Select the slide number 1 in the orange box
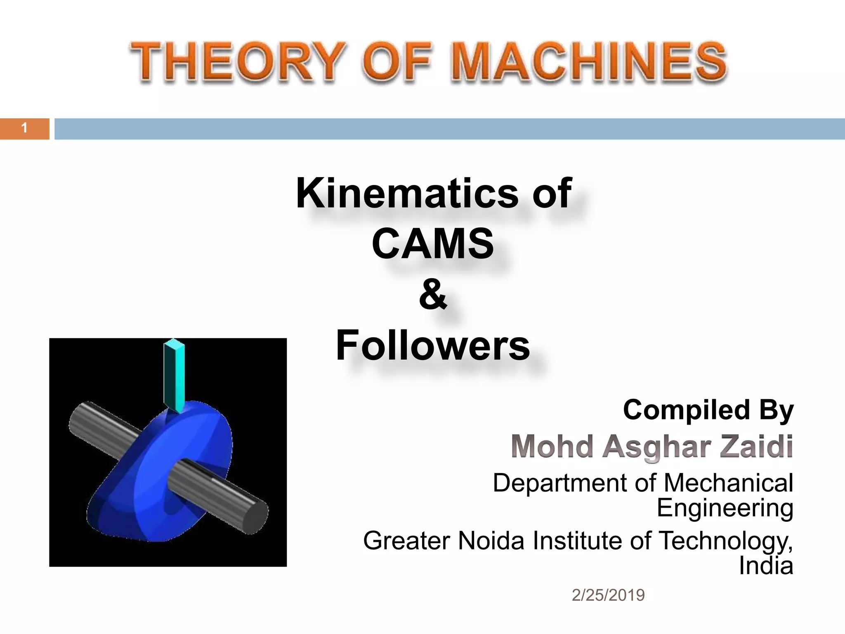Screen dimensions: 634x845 pyautogui.click(x=24, y=128)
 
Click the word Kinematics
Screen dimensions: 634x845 pyautogui.click(x=406, y=193)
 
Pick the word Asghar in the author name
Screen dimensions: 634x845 pyautogui.click(x=656, y=447)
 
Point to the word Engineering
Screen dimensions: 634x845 pyautogui.click(x=725, y=508)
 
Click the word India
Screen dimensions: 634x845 pyautogui.click(x=766, y=565)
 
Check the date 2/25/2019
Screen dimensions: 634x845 pyautogui.click(x=608, y=595)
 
